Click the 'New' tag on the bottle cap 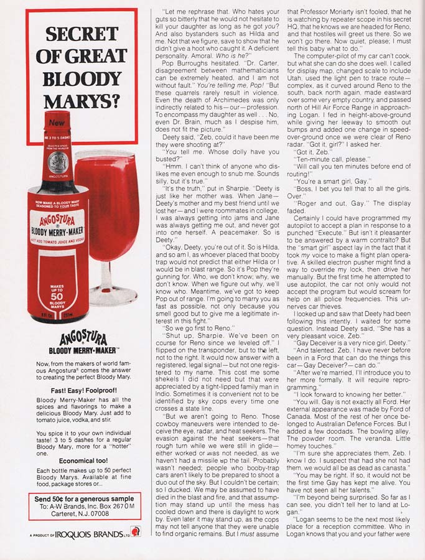tap(56, 123)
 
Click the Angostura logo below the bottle tap(85, 340)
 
